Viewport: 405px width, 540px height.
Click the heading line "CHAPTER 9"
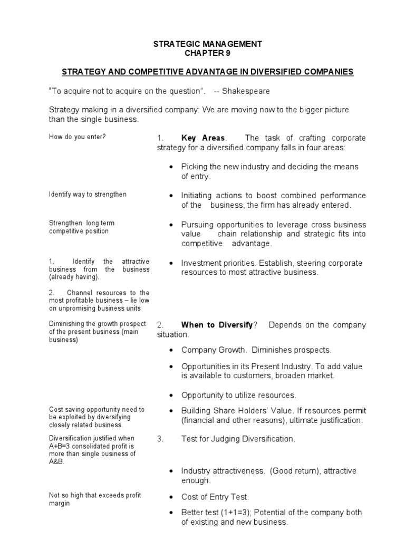(x=207, y=53)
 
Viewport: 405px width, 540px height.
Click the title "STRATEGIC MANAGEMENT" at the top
(x=207, y=44)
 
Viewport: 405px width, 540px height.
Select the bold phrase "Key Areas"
(x=202, y=138)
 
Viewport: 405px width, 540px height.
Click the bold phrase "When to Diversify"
(x=217, y=325)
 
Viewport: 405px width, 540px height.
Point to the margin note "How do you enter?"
(x=78, y=137)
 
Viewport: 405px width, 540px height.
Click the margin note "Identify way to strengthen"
(x=88, y=195)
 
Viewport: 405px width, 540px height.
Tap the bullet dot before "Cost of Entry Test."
(x=171, y=497)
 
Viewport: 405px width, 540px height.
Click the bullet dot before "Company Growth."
(x=171, y=350)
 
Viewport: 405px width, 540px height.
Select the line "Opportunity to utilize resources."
(x=238, y=395)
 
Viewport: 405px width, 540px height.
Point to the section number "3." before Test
(x=160, y=439)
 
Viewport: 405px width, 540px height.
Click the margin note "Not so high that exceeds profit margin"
(x=95, y=499)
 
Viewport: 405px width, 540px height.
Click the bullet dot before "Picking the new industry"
(x=171, y=167)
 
